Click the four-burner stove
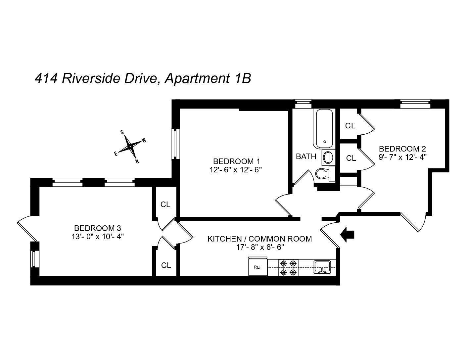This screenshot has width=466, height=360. [x=288, y=267]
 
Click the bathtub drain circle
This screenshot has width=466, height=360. [x=325, y=142]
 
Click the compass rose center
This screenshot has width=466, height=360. [x=130, y=147]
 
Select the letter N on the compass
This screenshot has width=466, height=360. [x=137, y=161]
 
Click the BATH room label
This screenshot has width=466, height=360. [x=306, y=157]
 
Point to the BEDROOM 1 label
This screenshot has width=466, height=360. [x=237, y=161]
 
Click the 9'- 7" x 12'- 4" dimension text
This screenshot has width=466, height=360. [x=402, y=157]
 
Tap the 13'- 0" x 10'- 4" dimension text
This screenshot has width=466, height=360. [x=98, y=237]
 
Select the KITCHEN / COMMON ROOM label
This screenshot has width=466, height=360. [x=260, y=239]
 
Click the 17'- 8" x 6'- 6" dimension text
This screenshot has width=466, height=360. [x=260, y=247]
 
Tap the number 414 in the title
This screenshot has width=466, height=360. [x=46, y=78]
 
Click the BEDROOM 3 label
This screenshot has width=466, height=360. [x=98, y=228]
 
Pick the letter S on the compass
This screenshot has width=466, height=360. [x=122, y=132]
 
